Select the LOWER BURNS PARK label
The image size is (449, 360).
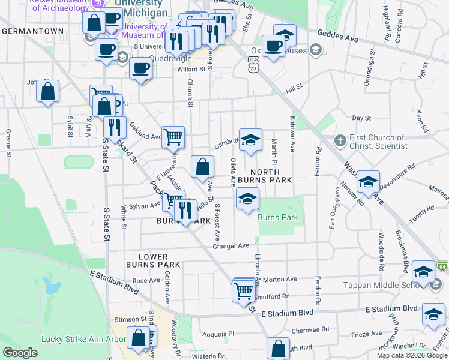point(153,260)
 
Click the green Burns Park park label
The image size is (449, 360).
point(277,217)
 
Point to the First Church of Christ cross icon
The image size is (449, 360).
point(339,141)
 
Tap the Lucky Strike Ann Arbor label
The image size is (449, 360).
point(75,339)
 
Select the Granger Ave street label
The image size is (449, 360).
point(231,246)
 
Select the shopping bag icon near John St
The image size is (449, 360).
point(48,92)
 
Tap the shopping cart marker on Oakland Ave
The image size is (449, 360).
point(173,136)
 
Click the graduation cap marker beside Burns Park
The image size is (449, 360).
point(247,200)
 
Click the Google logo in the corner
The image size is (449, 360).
point(20,353)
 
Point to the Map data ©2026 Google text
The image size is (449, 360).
point(412,355)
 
